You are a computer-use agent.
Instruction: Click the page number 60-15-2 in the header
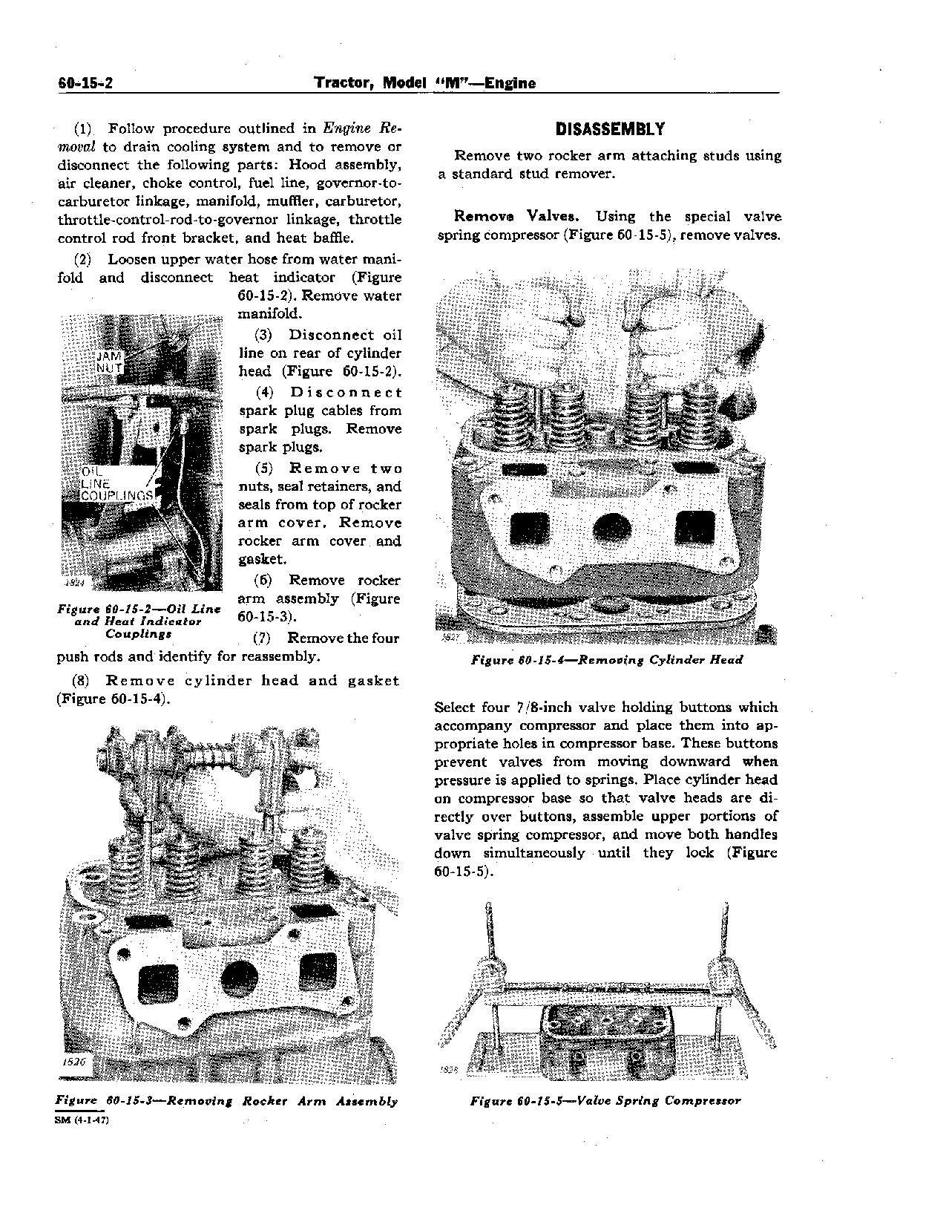[85, 83]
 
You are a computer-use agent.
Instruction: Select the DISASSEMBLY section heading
[610, 129]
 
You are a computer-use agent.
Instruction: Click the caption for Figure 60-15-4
[607, 660]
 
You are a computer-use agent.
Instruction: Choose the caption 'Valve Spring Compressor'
[605, 1100]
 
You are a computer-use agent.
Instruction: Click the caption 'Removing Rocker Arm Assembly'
[227, 1101]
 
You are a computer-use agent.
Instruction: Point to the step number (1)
[82, 128]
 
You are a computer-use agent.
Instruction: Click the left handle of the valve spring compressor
[487, 935]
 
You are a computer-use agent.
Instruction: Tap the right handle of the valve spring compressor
[725, 935]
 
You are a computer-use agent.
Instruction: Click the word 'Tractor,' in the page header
[345, 83]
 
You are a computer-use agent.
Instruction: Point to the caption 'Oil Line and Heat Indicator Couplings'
[138, 621]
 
